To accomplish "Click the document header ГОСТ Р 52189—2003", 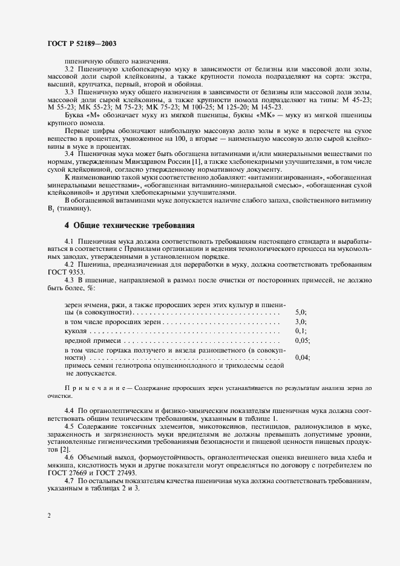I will pos(82,44).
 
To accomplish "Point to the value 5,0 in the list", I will pos(301,312).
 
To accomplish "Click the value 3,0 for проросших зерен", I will pos(301,322).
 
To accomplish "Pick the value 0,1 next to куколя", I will pos(301,331).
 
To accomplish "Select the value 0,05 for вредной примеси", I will pos(303,341).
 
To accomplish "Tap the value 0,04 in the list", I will pos(303,358).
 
